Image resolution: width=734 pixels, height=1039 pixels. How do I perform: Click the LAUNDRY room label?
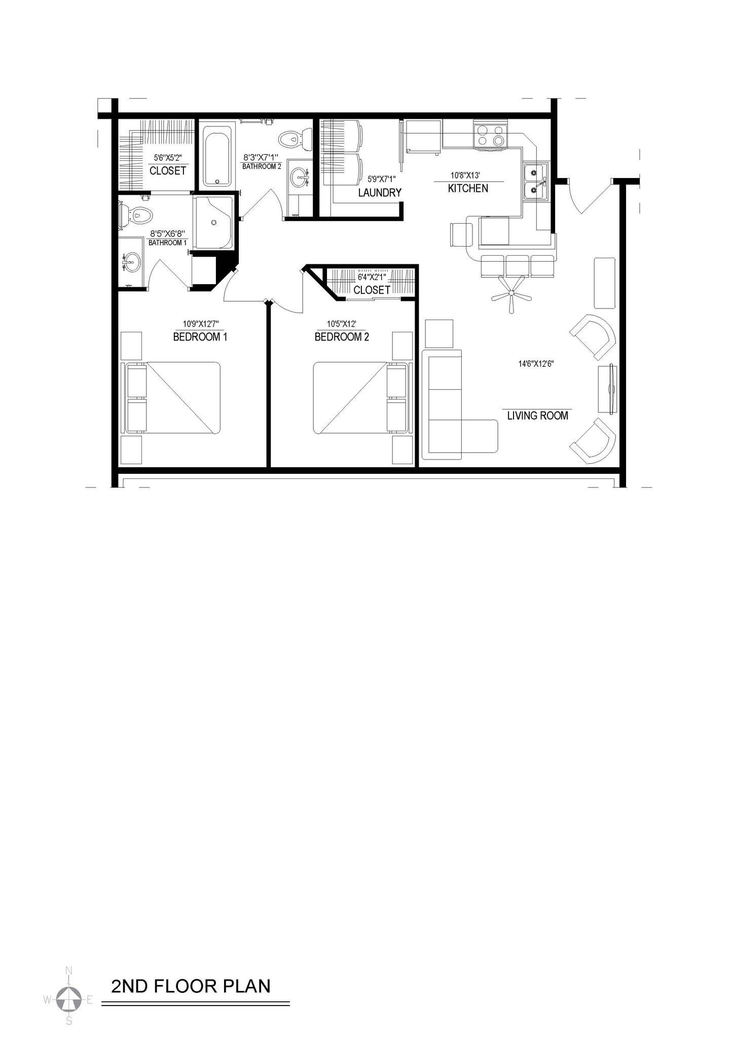coord(380,193)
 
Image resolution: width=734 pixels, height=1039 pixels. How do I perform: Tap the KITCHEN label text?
coord(468,189)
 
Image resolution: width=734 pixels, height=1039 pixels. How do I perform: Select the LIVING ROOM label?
coord(537,416)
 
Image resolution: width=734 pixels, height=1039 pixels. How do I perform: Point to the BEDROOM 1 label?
coord(200,337)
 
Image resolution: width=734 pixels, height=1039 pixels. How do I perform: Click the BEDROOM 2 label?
coord(342,337)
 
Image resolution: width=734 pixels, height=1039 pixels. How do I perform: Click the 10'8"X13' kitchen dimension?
coord(465,176)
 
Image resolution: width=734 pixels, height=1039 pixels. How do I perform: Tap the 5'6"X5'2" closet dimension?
coord(168,158)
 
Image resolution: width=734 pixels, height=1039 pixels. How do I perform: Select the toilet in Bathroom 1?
coord(137,216)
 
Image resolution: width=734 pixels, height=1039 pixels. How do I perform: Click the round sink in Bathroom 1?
coord(132,262)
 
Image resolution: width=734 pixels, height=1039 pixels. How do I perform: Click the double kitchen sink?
coord(535,182)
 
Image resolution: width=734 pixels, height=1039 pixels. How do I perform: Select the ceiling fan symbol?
coord(511,293)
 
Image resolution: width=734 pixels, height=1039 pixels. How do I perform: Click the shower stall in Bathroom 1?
coord(214,222)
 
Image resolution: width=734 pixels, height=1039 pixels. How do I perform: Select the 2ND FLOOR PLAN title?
coord(191,986)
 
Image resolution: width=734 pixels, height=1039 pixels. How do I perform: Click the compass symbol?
coord(68,999)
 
